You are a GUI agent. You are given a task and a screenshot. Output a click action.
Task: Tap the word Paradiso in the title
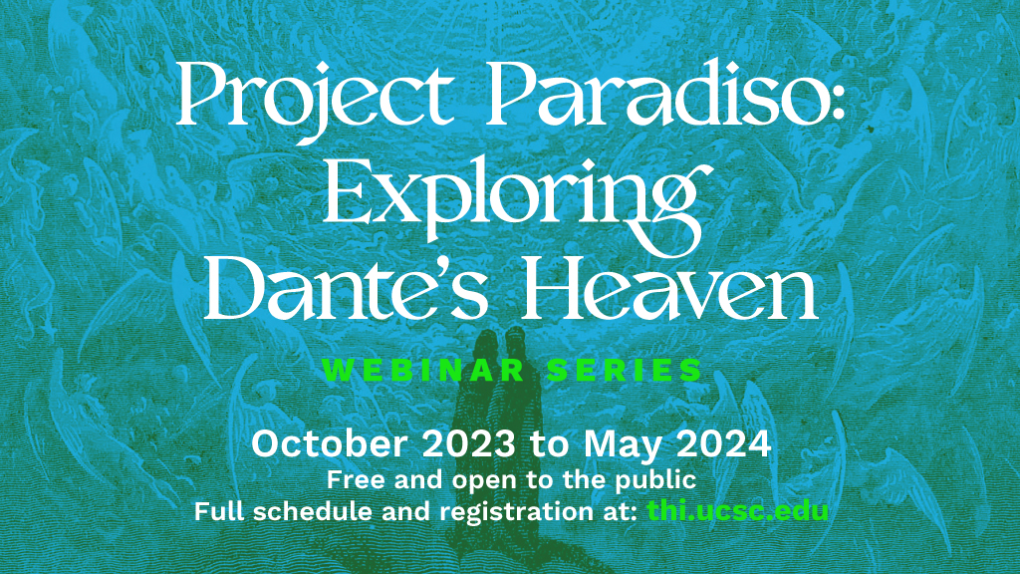[x=658, y=93]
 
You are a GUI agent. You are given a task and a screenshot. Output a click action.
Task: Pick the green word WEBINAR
[x=423, y=371]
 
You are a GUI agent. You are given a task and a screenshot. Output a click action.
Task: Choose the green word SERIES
[x=625, y=371]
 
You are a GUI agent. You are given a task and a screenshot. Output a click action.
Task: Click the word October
[x=329, y=443]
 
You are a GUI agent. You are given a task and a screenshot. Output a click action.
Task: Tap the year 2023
[x=469, y=443]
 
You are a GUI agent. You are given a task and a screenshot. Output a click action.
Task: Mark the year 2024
[x=724, y=443]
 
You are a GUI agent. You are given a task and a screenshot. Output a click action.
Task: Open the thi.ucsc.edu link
[x=738, y=511]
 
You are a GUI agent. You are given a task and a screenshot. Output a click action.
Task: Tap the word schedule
[x=314, y=511]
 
